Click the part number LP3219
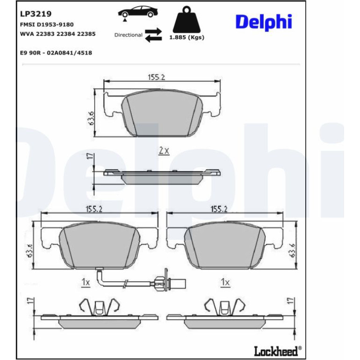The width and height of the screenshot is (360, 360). (x=36, y=14)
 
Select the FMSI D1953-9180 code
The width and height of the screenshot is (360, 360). (x=47, y=25)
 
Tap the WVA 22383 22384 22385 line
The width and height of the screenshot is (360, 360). (x=58, y=34)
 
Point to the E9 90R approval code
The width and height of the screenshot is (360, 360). (x=56, y=53)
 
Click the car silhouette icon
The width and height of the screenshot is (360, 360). (x=138, y=13)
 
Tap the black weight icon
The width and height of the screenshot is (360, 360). (x=187, y=20)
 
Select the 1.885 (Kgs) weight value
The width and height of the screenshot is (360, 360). (x=187, y=37)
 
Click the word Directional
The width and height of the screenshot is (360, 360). (x=129, y=35)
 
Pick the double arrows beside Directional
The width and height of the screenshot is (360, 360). (x=153, y=35)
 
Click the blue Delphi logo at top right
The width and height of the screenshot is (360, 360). (x=264, y=22)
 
